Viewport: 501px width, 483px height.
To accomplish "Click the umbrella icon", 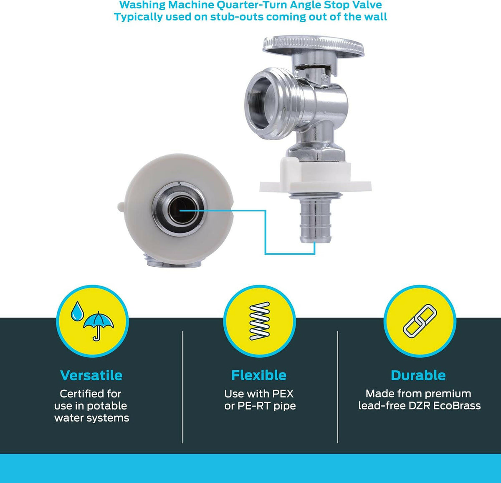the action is (99, 326).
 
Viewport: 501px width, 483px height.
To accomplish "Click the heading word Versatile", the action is (91, 375).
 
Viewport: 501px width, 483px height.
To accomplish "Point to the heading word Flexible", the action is (259, 375).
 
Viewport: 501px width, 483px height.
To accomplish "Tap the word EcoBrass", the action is (457, 406).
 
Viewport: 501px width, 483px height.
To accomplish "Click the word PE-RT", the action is (254, 406).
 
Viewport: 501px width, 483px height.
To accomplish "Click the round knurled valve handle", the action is (313, 47).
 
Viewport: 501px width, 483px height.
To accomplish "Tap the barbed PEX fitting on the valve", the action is (314, 220).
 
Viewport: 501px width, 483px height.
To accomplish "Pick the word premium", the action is (448, 394).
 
